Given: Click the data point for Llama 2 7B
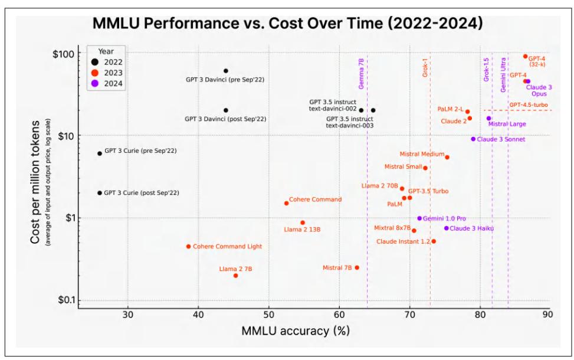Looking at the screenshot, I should point(235,276).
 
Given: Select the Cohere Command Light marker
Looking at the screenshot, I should point(188,246).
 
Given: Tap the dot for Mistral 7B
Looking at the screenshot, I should point(356,267).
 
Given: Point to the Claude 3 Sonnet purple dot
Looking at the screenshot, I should point(473,139).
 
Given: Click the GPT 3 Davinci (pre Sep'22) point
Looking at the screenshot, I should point(225,71).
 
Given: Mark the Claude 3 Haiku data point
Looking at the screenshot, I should point(446,228).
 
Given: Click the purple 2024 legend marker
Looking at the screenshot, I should point(96,83).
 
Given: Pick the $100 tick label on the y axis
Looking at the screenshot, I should point(59,54).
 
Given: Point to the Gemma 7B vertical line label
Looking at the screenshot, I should point(361,73).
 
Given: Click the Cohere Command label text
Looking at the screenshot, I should point(316,199).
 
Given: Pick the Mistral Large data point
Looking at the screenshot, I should point(488,118).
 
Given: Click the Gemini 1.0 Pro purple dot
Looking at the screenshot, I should point(419,218).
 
